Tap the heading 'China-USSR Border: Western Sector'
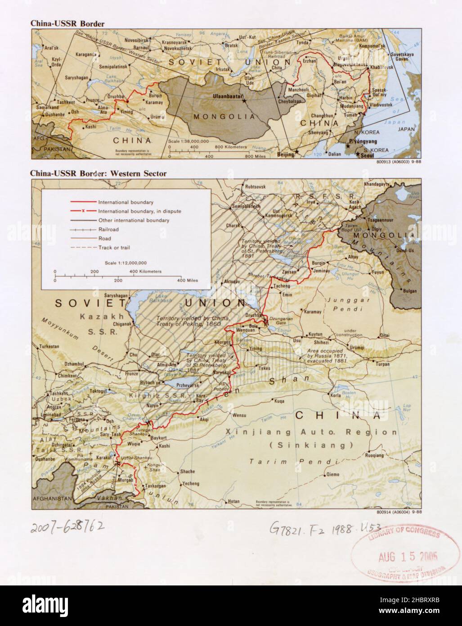[x=99, y=173]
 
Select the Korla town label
[x=336, y=395]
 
